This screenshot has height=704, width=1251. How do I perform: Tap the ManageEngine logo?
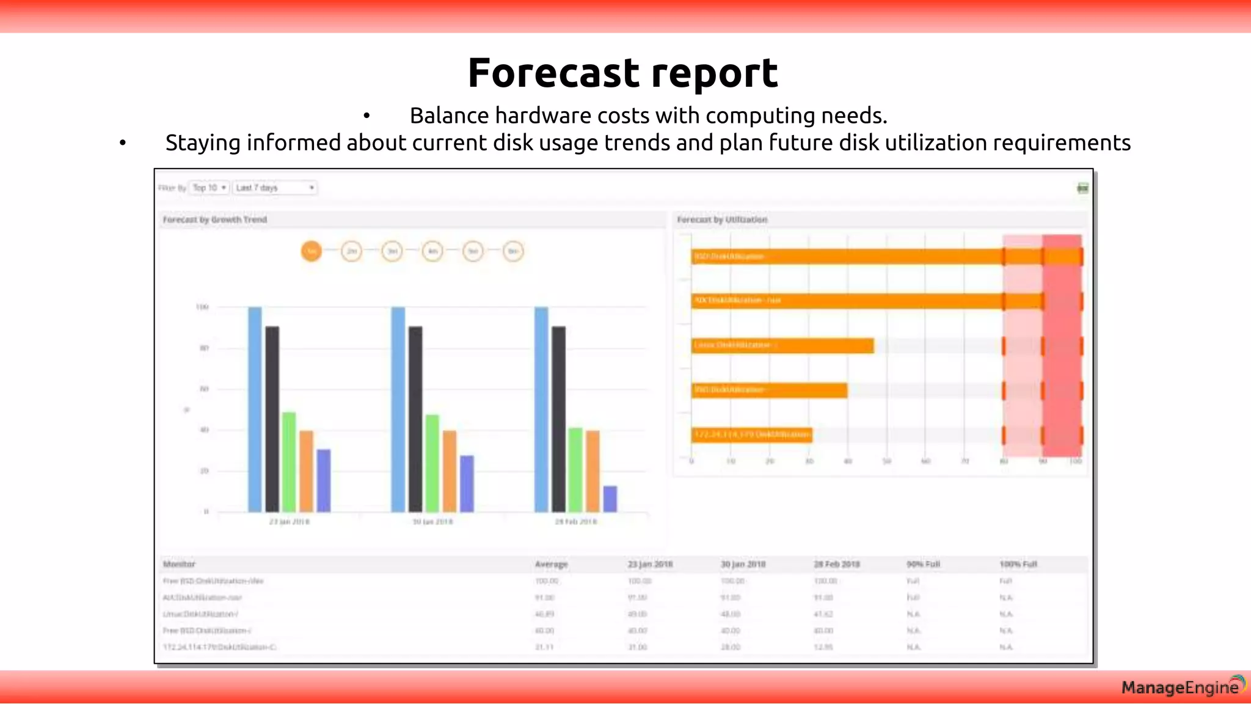coord(1182,687)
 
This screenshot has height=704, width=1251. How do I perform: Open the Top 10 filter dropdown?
coord(210,188)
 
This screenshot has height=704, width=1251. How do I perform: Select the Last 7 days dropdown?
coord(275,188)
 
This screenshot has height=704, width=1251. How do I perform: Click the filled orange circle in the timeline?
coord(312,251)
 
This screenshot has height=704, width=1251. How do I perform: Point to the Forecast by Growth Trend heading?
coord(215,219)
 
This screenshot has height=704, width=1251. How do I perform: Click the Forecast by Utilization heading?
coord(722,219)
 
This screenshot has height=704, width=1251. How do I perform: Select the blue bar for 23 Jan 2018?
coord(255,409)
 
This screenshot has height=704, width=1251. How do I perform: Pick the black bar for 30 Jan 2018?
coord(415,419)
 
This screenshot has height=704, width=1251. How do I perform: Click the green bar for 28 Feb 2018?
coord(575,470)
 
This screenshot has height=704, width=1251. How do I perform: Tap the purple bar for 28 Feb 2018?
coord(610,499)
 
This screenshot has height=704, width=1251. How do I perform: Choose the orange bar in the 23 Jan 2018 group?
coord(306,471)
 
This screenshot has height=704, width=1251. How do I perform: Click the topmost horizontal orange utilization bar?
coord(886,257)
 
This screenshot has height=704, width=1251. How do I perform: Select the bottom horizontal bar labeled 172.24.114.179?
coord(751,435)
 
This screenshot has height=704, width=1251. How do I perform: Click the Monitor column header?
coord(179,564)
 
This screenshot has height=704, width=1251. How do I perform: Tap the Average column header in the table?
coord(551,564)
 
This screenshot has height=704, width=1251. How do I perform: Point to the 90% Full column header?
coord(923,564)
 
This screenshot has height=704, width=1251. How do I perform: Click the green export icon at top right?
coord(1082,188)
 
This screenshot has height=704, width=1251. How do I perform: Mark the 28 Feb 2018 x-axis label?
coord(575,522)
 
